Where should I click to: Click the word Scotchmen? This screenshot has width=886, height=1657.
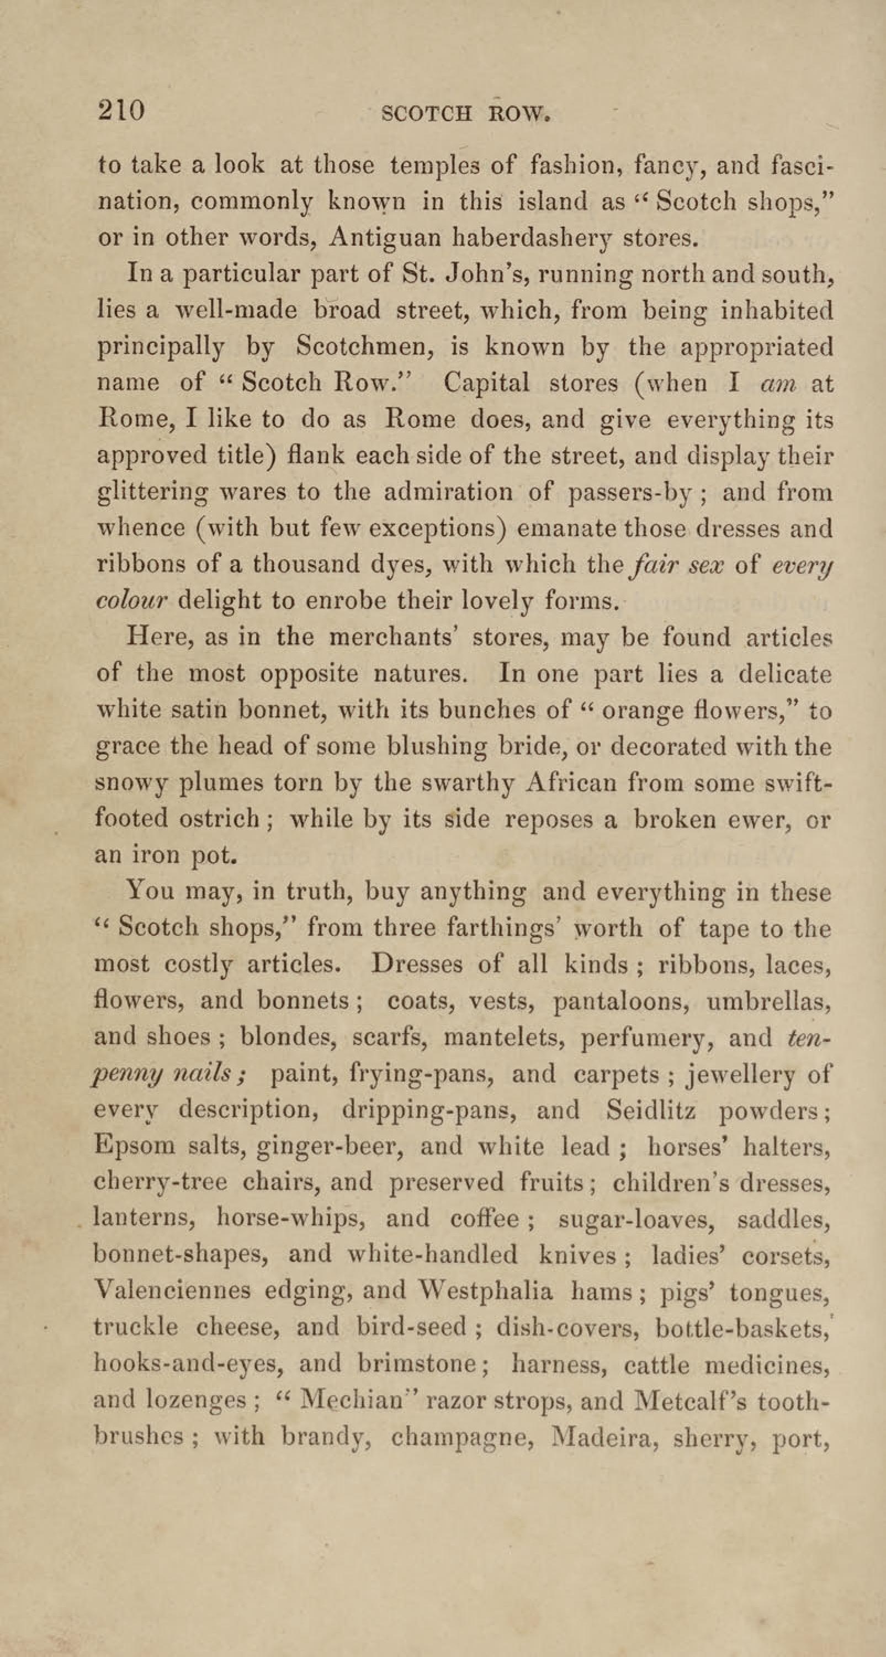363,348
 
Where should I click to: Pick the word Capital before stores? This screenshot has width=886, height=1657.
487,384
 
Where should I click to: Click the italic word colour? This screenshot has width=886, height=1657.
131,600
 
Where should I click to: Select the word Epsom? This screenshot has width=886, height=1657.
134,1146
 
